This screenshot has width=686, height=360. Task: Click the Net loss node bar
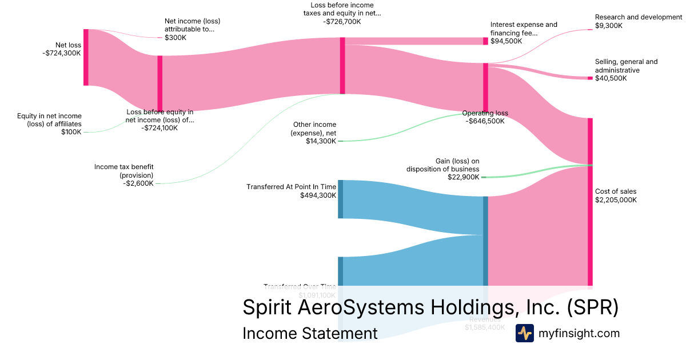click(x=86, y=57)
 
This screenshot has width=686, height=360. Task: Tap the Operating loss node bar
click(x=485, y=86)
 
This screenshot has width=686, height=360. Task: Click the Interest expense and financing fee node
click(x=485, y=41)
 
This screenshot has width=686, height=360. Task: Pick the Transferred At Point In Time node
click(x=341, y=199)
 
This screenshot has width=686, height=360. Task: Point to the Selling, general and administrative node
click(x=590, y=78)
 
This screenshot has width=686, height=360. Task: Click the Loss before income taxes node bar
click(x=342, y=65)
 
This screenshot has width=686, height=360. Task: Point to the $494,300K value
click(x=318, y=195)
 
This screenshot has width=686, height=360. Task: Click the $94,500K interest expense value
click(x=506, y=41)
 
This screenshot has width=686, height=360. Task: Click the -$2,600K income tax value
click(x=138, y=183)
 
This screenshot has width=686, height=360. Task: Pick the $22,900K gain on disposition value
click(x=463, y=177)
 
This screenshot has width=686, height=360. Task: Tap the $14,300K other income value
click(x=321, y=141)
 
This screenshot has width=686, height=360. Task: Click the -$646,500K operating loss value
click(x=485, y=121)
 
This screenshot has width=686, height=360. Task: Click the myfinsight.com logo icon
click(x=524, y=333)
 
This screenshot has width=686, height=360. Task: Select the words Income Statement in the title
click(x=310, y=333)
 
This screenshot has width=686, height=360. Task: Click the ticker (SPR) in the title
click(x=593, y=307)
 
